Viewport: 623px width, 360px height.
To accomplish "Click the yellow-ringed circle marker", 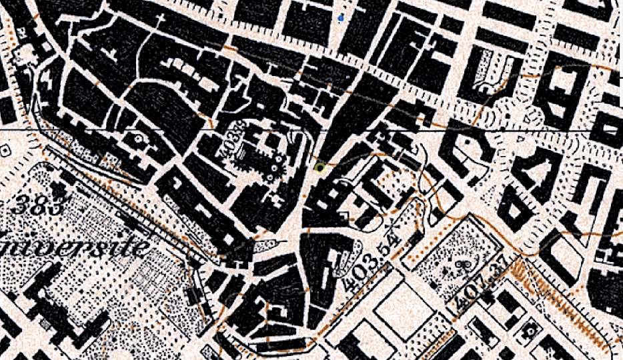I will (x=321, y=168).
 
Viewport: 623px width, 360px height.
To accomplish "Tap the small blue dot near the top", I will (x=342, y=18).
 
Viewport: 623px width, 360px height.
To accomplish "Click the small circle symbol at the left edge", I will (x=5, y=151).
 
